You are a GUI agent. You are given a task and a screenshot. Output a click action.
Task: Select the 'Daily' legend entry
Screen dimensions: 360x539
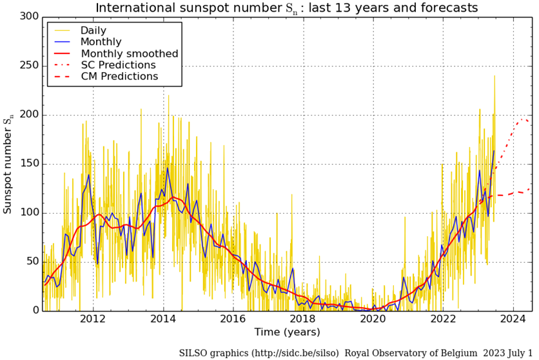pos(93,30)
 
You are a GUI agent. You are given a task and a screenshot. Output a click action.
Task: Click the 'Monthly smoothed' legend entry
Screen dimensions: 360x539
pos(129,54)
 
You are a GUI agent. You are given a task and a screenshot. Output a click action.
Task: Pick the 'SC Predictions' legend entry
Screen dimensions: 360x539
pos(118,65)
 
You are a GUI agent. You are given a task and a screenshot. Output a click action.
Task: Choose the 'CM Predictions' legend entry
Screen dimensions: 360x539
pos(119,77)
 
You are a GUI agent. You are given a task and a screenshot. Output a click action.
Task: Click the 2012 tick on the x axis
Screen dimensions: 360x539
pos(93,319)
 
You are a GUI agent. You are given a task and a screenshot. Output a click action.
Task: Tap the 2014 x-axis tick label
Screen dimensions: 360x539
pos(163,319)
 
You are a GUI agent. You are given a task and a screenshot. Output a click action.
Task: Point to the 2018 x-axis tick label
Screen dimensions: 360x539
pos(303,319)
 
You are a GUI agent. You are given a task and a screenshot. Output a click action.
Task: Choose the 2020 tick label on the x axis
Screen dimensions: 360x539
pos(373,319)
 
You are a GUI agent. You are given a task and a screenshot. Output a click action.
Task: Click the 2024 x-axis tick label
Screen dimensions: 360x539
pos(514,319)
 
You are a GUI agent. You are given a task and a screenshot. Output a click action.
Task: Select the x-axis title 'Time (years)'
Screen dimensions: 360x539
pos(286,332)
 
